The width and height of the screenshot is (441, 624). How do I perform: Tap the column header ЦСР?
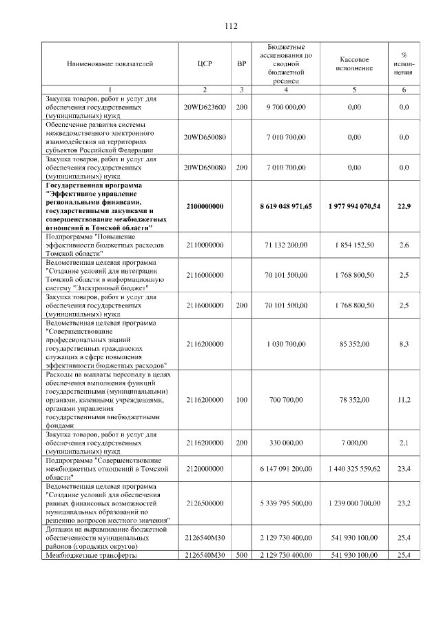pos(205,64)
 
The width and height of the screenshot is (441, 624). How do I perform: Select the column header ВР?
pos(241,64)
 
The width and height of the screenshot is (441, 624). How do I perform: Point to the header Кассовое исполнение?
pos(355,64)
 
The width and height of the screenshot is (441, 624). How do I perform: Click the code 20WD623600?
pos(205,108)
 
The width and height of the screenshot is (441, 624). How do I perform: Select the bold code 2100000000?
pos(205,206)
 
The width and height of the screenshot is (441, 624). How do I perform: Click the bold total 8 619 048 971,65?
pos(286,206)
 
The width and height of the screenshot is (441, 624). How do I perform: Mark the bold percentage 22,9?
pos(404,206)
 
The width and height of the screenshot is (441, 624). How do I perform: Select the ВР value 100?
pos(241,399)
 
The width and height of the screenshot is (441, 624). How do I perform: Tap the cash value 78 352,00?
pos(355,399)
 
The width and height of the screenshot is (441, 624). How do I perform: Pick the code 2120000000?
pos(205,468)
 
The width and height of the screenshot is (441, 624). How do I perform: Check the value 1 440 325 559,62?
pos(355,468)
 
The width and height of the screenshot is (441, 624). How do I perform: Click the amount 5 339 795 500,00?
pos(286,503)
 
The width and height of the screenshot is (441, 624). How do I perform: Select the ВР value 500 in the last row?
pos(241,555)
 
